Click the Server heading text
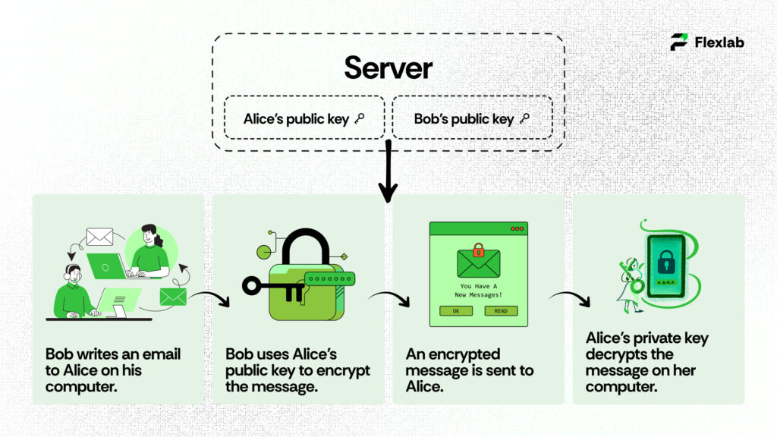(x=388, y=68)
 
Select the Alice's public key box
(x=304, y=118)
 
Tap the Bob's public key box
(x=471, y=118)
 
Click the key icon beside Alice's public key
(x=360, y=118)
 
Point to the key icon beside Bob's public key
(x=524, y=118)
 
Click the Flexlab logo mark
(x=679, y=42)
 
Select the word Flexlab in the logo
(x=719, y=42)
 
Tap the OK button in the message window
(x=456, y=310)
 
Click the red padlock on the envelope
(x=478, y=250)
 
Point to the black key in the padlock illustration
(x=273, y=286)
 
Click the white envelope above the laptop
(x=99, y=237)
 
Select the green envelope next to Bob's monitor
(x=173, y=297)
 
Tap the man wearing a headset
(x=74, y=292)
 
